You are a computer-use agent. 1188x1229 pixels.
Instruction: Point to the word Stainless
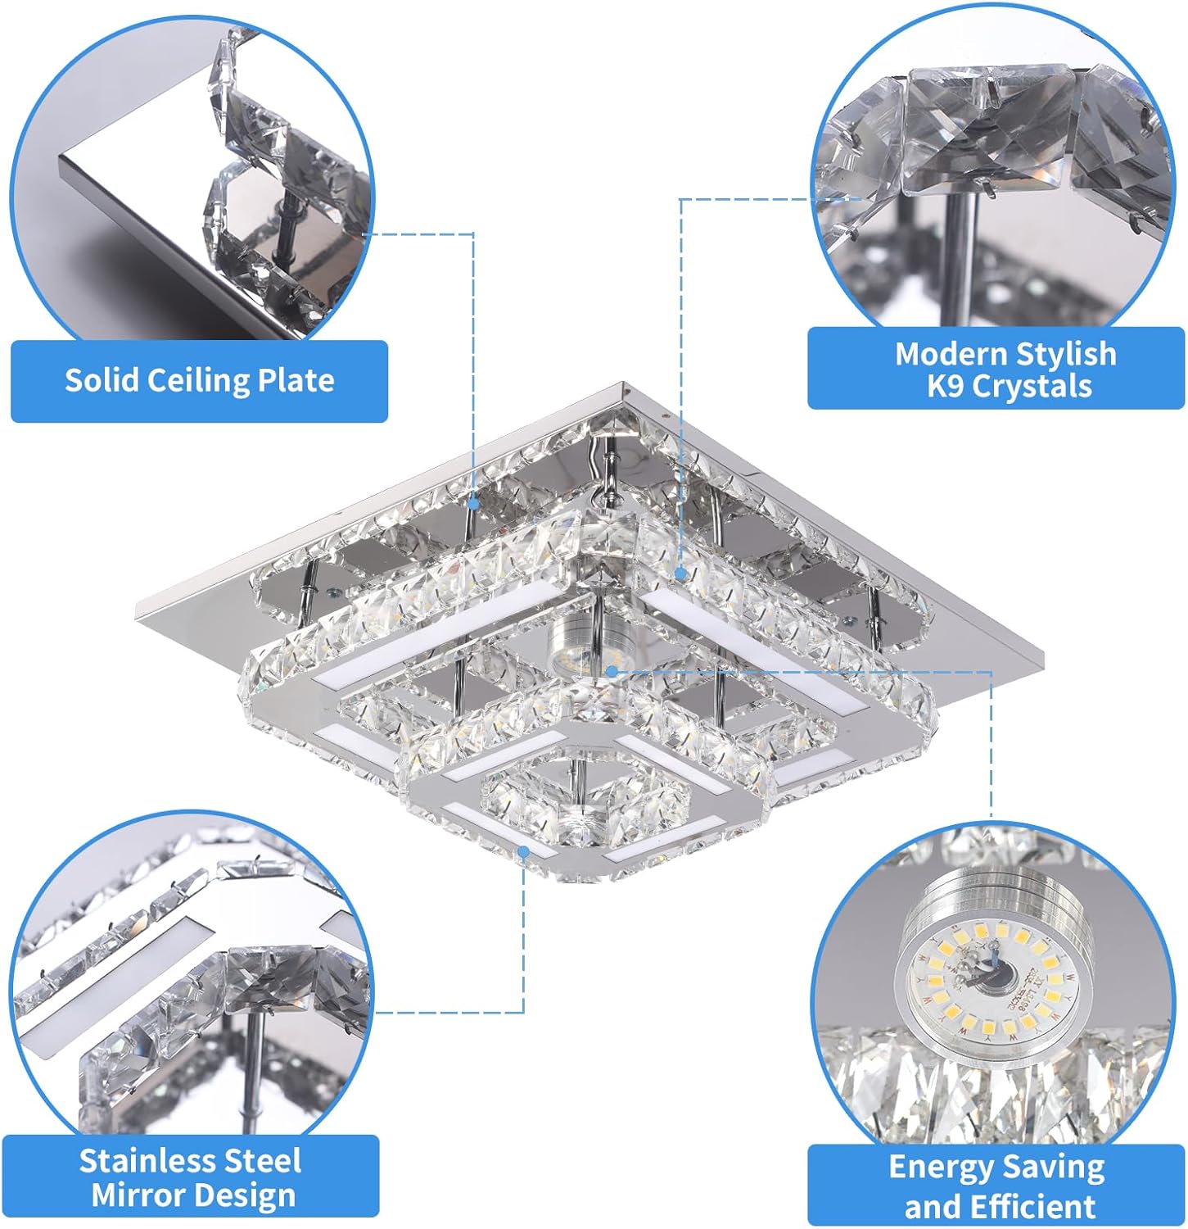coord(149,1161)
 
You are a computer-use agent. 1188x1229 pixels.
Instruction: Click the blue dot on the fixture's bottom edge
coord(524,852)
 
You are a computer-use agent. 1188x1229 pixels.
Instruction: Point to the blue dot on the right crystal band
coord(680,574)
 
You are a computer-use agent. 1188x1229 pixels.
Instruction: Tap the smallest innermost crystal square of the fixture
coord(583,799)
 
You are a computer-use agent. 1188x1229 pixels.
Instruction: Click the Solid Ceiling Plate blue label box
coord(199,381)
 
